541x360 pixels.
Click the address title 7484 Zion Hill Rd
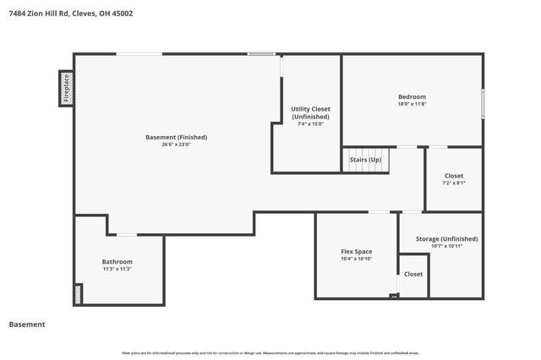point(70,14)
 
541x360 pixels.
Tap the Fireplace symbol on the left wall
point(66,88)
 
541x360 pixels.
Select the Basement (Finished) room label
point(176,137)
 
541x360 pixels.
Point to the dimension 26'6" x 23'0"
point(176,145)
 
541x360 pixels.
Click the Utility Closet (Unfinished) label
point(310,112)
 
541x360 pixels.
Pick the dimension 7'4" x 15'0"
point(310,124)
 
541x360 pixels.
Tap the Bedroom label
point(412,96)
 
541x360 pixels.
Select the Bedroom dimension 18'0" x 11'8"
point(412,104)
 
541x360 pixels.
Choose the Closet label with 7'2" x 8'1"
point(453,175)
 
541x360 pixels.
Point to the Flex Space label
point(356,251)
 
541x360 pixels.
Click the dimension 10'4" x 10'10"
point(356,259)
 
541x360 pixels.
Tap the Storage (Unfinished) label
point(446,238)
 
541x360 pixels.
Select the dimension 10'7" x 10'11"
point(446,246)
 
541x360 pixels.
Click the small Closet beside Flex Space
point(413,275)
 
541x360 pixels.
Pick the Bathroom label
point(117,261)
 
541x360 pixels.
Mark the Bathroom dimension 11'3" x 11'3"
point(117,269)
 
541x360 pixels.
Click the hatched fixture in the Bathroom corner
point(78,294)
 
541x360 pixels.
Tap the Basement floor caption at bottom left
point(26,325)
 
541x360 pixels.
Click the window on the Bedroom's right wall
point(483,103)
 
